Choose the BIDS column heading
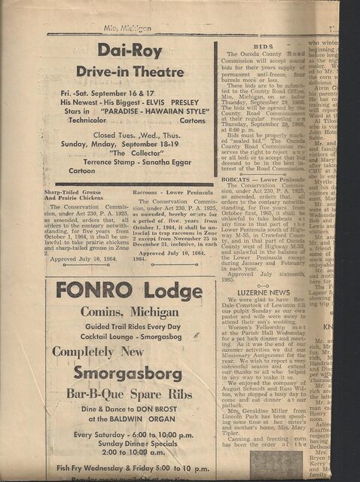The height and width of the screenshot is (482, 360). click(263, 46)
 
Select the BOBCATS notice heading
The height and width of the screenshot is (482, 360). click(239, 180)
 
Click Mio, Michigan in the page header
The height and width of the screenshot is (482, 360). click(127, 28)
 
